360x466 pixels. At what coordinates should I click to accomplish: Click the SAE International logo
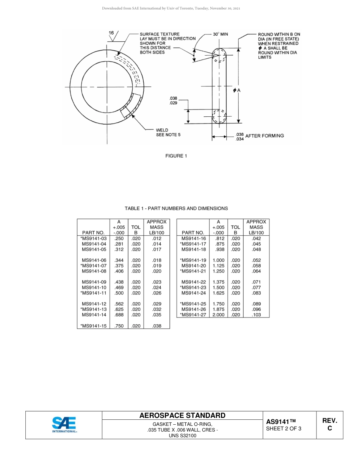(x=64, y=425)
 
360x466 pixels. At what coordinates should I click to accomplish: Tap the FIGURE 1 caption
(x=176, y=156)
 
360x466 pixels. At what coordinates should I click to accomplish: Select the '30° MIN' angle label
(x=220, y=34)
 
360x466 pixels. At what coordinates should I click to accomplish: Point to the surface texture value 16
(x=111, y=33)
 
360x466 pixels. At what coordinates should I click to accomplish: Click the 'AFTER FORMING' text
(x=265, y=136)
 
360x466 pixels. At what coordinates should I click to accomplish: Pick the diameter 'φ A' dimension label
(x=237, y=90)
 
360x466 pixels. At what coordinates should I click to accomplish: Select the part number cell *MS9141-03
(x=94, y=239)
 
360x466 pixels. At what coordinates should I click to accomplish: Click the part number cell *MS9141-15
(x=94, y=326)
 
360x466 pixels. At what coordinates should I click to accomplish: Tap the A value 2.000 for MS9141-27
(x=218, y=315)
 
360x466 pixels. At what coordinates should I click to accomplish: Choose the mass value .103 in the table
(x=256, y=315)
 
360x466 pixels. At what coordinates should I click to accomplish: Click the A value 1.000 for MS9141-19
(x=218, y=260)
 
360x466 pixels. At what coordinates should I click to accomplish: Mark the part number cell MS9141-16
(x=194, y=239)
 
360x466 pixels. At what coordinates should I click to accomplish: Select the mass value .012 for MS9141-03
(x=157, y=239)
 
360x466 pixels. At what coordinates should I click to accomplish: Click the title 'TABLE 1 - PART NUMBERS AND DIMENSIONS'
(x=176, y=208)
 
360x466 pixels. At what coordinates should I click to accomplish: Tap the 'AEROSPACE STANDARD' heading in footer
(x=182, y=416)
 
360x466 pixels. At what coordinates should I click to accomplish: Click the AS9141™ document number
(x=281, y=422)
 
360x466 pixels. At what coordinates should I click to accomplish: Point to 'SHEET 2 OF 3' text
(x=284, y=429)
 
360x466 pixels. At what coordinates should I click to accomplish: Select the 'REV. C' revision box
(x=329, y=425)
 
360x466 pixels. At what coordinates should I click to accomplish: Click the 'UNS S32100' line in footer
(x=182, y=436)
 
